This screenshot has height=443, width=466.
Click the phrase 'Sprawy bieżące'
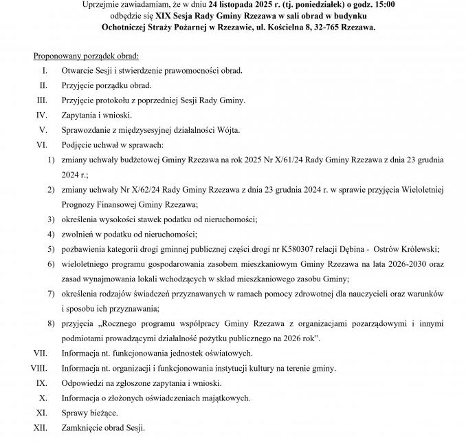(x=89, y=413)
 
